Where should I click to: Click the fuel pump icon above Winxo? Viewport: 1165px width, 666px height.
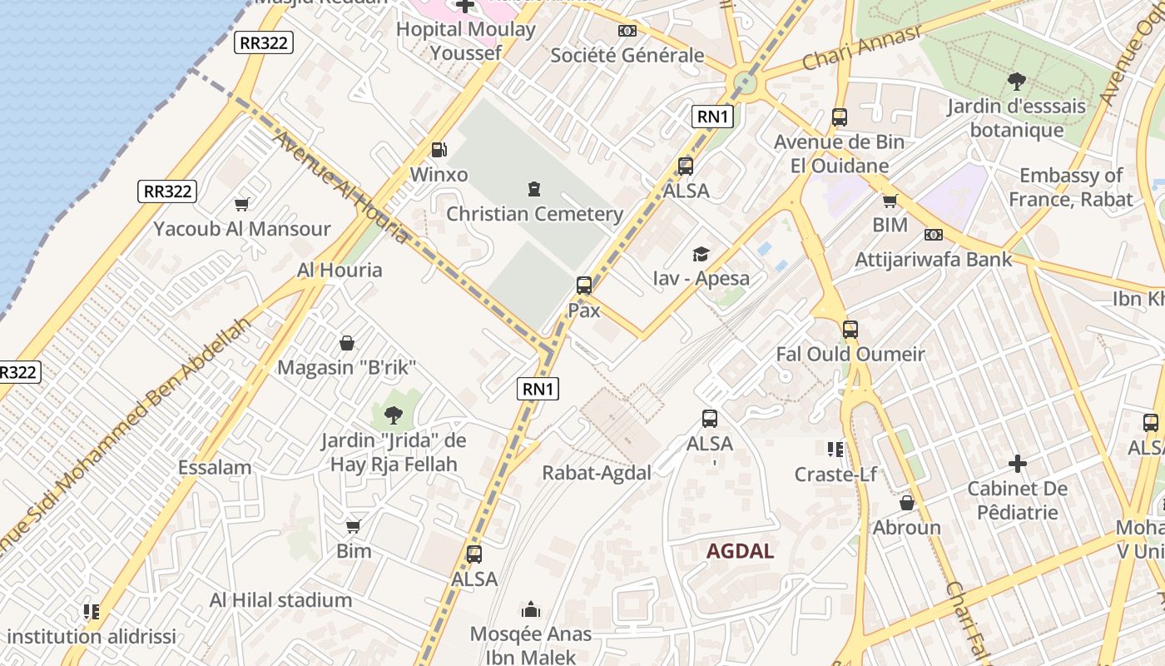coord(439,150)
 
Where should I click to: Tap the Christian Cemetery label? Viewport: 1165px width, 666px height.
coord(534,214)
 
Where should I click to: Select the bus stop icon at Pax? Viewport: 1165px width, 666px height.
coord(584,286)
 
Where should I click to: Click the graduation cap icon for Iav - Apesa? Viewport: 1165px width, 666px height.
coord(701,254)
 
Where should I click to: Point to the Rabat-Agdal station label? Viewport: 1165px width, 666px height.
coord(597,473)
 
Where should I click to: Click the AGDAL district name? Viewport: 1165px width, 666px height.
coord(740,551)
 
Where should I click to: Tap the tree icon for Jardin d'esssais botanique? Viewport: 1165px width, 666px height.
coord(1016,81)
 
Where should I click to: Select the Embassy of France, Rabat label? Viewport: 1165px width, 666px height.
coord(1070,187)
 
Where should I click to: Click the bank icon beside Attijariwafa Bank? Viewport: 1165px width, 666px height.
coord(934,235)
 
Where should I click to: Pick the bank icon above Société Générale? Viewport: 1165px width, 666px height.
coord(627,31)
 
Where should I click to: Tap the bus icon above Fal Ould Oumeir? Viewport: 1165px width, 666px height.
coord(850,329)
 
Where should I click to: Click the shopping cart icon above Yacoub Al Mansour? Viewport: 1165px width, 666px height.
coord(242,204)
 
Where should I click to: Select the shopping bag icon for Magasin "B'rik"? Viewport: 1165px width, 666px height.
coord(346,343)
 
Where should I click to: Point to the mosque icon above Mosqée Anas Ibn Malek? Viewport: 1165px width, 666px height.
coord(530,610)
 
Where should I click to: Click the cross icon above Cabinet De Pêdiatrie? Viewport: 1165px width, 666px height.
coord(1017,464)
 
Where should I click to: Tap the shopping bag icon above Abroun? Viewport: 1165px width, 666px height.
coord(907,503)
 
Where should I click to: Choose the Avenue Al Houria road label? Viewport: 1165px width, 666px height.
coord(341,189)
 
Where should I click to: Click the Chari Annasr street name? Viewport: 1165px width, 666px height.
coord(862,48)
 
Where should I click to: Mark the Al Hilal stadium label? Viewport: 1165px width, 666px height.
coord(280,600)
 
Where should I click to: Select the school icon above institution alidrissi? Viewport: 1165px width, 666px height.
coord(92,612)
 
